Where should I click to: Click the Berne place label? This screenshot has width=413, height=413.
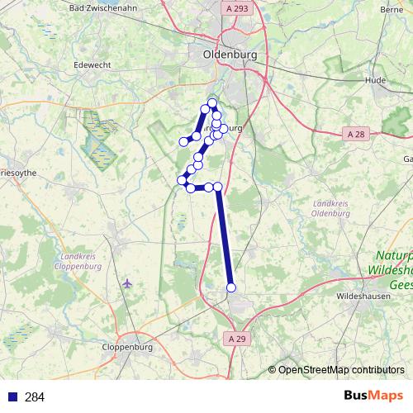pos(391,9)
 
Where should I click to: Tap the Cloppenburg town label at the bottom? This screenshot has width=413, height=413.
pos(128,349)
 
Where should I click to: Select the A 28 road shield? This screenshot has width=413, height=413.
pos(355,134)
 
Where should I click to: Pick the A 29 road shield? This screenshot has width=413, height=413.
pos(237,339)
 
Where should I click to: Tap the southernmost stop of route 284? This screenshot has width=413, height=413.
pos(231,287)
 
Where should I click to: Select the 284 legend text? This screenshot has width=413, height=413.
pos(35,397)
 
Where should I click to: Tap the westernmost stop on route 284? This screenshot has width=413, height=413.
pos(182,180)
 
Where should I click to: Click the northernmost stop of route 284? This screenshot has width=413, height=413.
pos(212,103)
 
